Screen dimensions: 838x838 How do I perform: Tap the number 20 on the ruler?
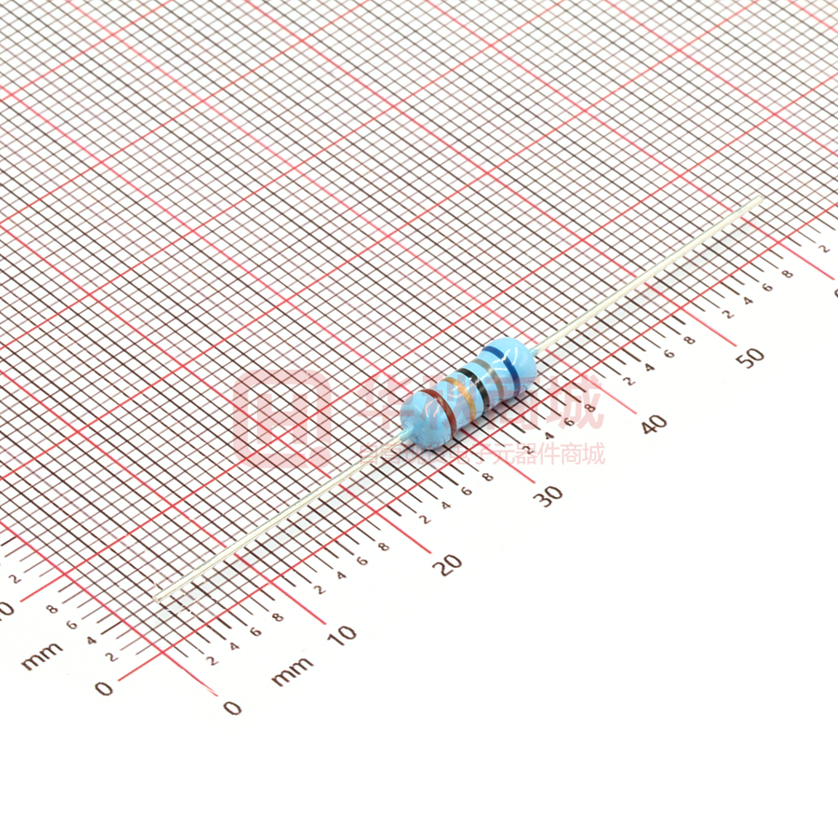tap(450, 563)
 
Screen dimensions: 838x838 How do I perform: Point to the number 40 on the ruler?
tap(654, 424)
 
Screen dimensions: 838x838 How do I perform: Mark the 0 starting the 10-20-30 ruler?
tap(232, 708)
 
